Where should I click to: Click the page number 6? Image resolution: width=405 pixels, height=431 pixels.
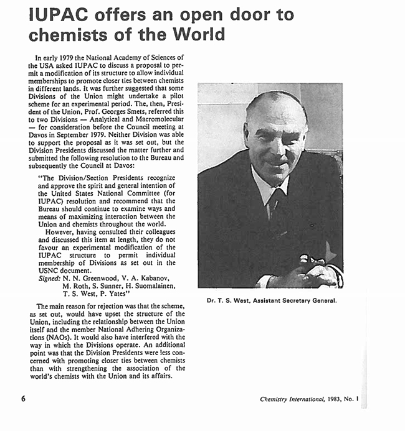(23, 399)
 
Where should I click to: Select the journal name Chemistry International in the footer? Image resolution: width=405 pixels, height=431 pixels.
(292, 399)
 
